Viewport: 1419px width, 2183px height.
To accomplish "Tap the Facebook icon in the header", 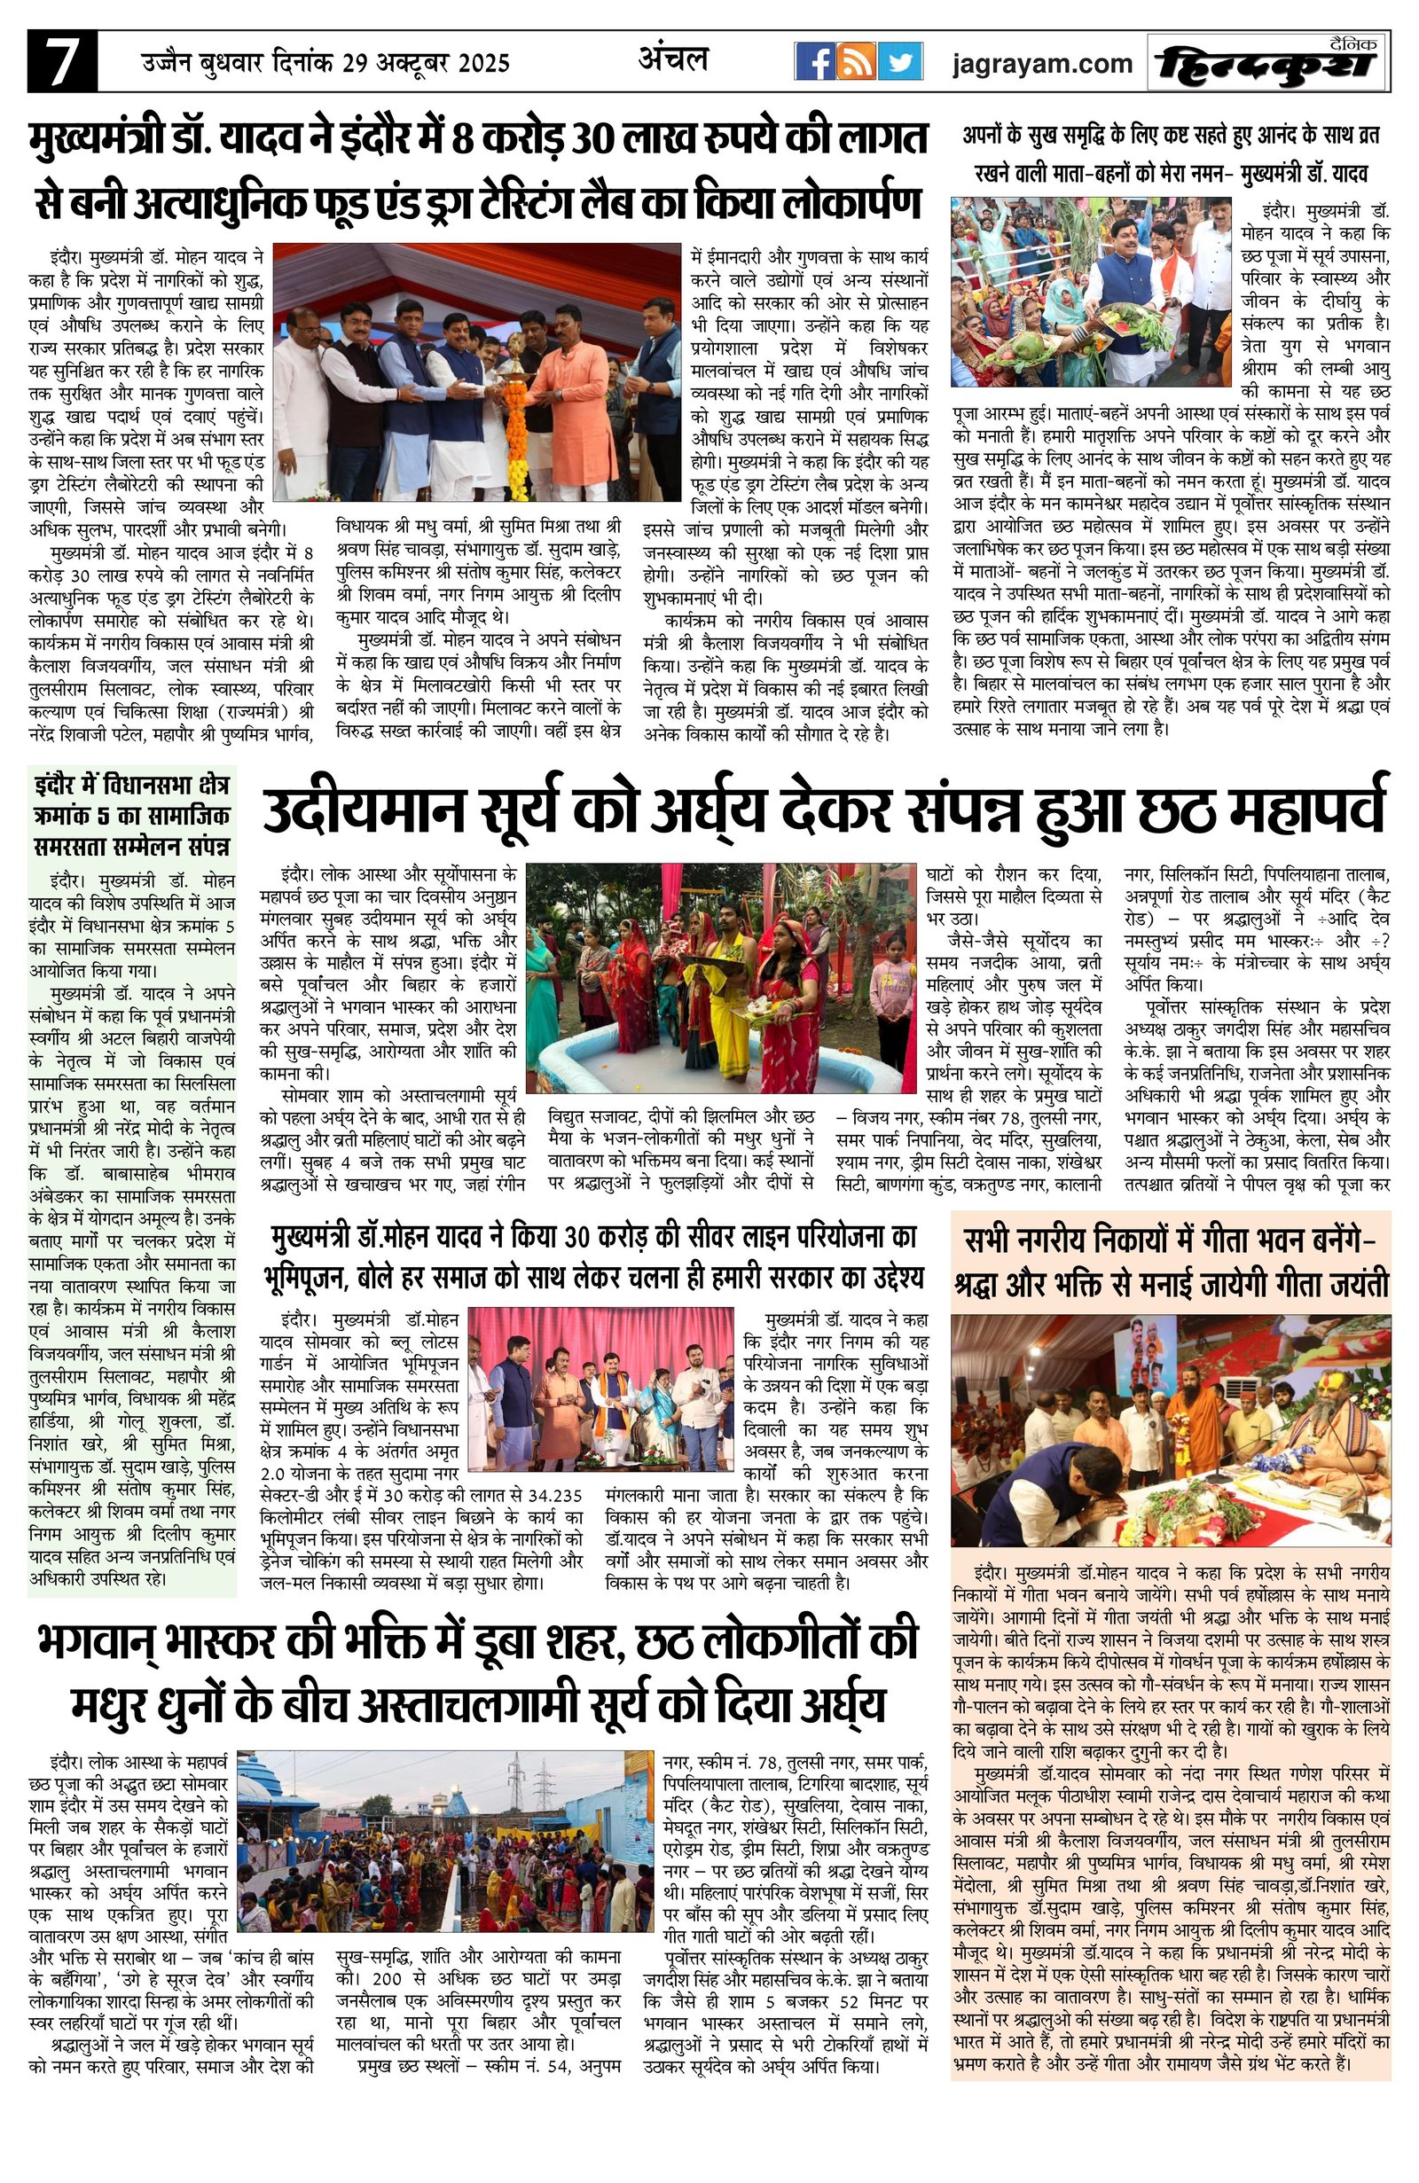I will tap(813, 62).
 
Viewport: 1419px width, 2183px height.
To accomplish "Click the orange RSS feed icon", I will tap(857, 62).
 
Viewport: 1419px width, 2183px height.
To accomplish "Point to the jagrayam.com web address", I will tap(1042, 63).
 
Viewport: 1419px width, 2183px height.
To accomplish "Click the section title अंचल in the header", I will tap(672, 59).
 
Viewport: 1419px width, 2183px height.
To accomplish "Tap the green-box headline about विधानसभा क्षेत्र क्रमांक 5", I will tap(131, 815).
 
